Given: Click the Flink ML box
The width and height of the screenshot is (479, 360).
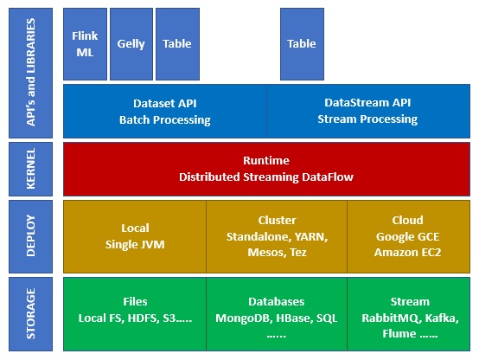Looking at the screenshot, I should click(86, 43).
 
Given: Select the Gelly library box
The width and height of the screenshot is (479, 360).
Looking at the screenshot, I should click(131, 43).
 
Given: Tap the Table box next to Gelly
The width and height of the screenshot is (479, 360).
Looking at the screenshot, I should click(177, 43).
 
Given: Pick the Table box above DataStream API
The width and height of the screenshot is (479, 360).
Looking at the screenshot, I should click(302, 43).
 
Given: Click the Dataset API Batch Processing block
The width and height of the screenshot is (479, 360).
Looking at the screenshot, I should click(165, 111).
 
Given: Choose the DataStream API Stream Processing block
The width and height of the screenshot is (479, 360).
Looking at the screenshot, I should click(367, 111).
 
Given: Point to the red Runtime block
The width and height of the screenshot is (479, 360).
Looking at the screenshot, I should click(266, 169).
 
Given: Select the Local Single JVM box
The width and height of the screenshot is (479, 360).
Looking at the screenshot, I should click(135, 236).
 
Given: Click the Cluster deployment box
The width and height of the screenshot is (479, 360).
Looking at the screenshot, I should click(277, 236).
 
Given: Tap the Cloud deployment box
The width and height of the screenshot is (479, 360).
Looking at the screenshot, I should click(408, 236).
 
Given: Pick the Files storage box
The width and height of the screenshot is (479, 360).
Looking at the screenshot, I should click(135, 313).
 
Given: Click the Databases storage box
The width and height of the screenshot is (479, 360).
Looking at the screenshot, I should click(277, 313).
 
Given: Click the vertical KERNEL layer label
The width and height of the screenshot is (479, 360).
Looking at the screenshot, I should click(30, 169).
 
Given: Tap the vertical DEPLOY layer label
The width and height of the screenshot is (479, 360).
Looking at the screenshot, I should click(30, 236).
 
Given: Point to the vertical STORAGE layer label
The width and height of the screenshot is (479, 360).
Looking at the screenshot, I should click(30, 313).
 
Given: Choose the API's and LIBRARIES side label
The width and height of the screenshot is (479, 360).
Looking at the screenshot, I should click(30, 74).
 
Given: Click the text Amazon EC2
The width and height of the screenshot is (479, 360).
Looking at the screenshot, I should click(408, 251).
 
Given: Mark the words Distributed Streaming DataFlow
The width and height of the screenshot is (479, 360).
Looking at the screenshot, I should click(266, 177).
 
